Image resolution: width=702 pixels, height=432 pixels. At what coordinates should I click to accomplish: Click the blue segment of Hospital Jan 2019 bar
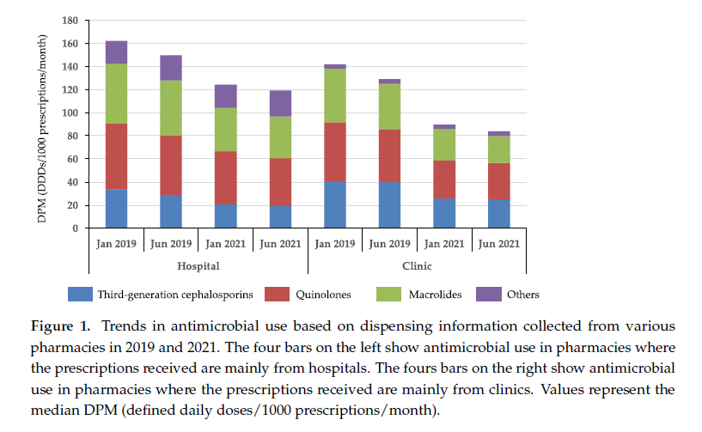[116, 209]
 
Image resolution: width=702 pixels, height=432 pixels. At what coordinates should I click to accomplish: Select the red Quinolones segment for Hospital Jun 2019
[170, 166]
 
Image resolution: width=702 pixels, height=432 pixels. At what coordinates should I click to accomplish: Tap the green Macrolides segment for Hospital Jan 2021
[226, 130]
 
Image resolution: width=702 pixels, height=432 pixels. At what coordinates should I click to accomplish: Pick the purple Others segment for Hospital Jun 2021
[279, 103]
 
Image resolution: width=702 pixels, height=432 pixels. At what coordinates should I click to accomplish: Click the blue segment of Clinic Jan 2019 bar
[334, 205]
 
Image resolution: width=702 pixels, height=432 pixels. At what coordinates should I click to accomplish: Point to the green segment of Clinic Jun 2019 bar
[389, 106]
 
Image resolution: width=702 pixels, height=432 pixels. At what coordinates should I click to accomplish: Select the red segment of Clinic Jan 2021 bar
[444, 179]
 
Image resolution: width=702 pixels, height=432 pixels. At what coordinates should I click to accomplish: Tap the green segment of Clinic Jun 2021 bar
[498, 149]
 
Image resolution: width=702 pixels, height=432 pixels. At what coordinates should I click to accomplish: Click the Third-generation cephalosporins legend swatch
[79, 295]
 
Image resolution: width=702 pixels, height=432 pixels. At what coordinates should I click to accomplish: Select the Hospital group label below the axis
[198, 266]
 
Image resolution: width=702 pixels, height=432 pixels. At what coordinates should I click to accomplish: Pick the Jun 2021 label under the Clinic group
[498, 244]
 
